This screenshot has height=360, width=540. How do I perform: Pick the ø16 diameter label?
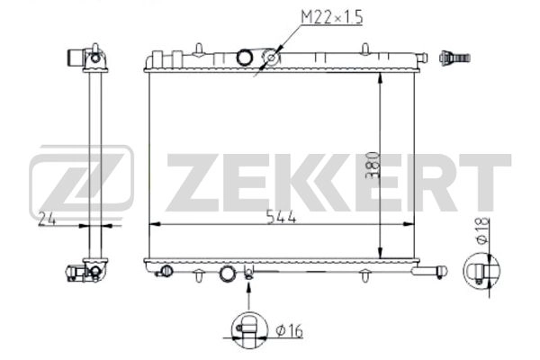coord(289,330)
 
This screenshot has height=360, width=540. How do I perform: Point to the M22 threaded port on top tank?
coord(269,59)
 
